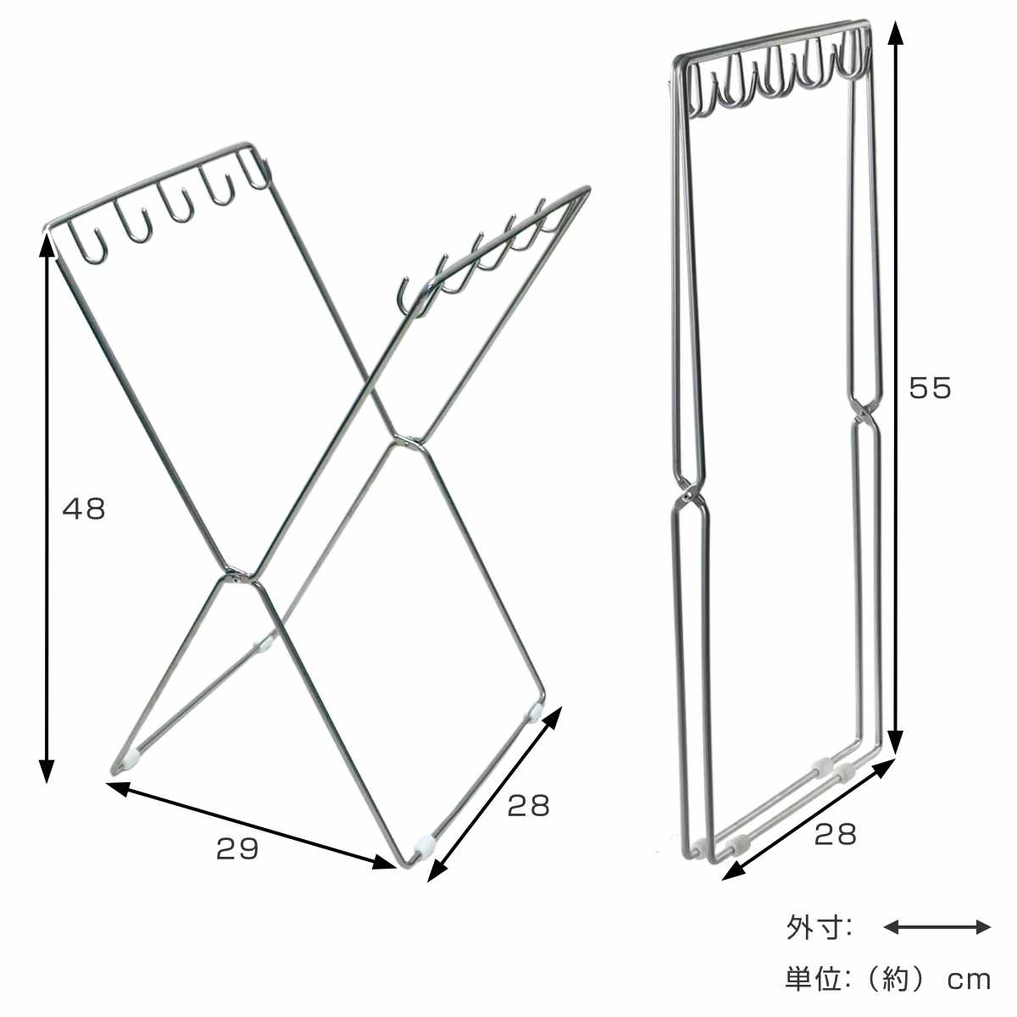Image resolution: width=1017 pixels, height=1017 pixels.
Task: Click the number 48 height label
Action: click(84, 508)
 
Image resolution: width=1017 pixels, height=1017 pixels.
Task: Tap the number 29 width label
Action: click(237, 848)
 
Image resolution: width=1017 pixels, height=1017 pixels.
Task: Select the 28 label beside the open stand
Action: click(528, 806)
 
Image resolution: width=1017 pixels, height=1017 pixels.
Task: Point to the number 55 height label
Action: click(930, 388)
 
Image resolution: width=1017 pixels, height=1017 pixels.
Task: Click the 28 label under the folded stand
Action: click(835, 835)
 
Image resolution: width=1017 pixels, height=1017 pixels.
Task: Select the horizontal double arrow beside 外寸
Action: click(937, 927)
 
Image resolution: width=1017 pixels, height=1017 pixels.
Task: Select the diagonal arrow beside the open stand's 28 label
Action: click(494, 794)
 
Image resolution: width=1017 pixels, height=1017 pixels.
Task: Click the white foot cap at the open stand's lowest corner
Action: click(425, 859)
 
